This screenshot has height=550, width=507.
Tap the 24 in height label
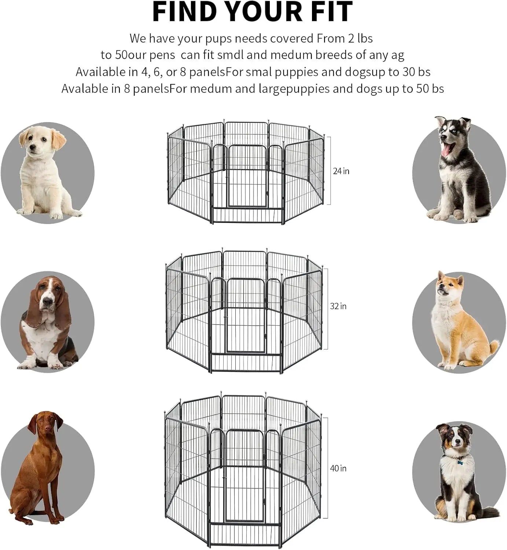tap(341, 171)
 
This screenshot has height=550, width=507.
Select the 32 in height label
tap(338, 306)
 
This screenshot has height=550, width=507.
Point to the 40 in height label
tap(338, 468)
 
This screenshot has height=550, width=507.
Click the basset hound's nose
tap(47, 302)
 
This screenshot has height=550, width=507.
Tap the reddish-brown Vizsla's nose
tap(47, 429)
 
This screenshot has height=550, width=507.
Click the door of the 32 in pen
tap(245, 315)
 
